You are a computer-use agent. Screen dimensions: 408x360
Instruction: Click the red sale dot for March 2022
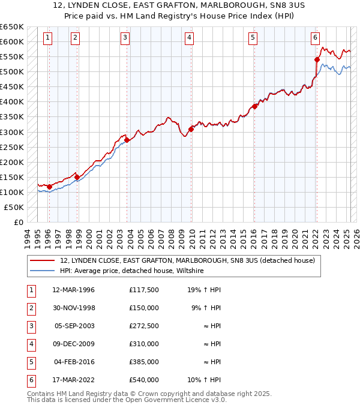pyautogui.click(x=317, y=59)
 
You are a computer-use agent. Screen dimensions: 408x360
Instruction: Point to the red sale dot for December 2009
pyautogui.click(x=191, y=129)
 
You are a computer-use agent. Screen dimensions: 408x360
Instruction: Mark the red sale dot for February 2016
pyautogui.click(x=254, y=106)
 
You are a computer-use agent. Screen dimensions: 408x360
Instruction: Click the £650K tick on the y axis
pyautogui.click(x=12, y=27)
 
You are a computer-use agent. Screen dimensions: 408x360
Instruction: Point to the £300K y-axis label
pyautogui.click(x=12, y=132)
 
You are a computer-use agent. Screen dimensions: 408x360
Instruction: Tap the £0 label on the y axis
pyautogui.click(x=17, y=222)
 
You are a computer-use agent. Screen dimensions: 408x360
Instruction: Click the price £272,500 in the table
pyautogui.click(x=143, y=327)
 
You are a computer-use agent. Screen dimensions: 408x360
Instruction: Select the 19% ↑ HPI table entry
pyautogui.click(x=204, y=290)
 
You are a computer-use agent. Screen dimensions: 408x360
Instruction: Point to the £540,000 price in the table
pyautogui.click(x=143, y=380)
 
